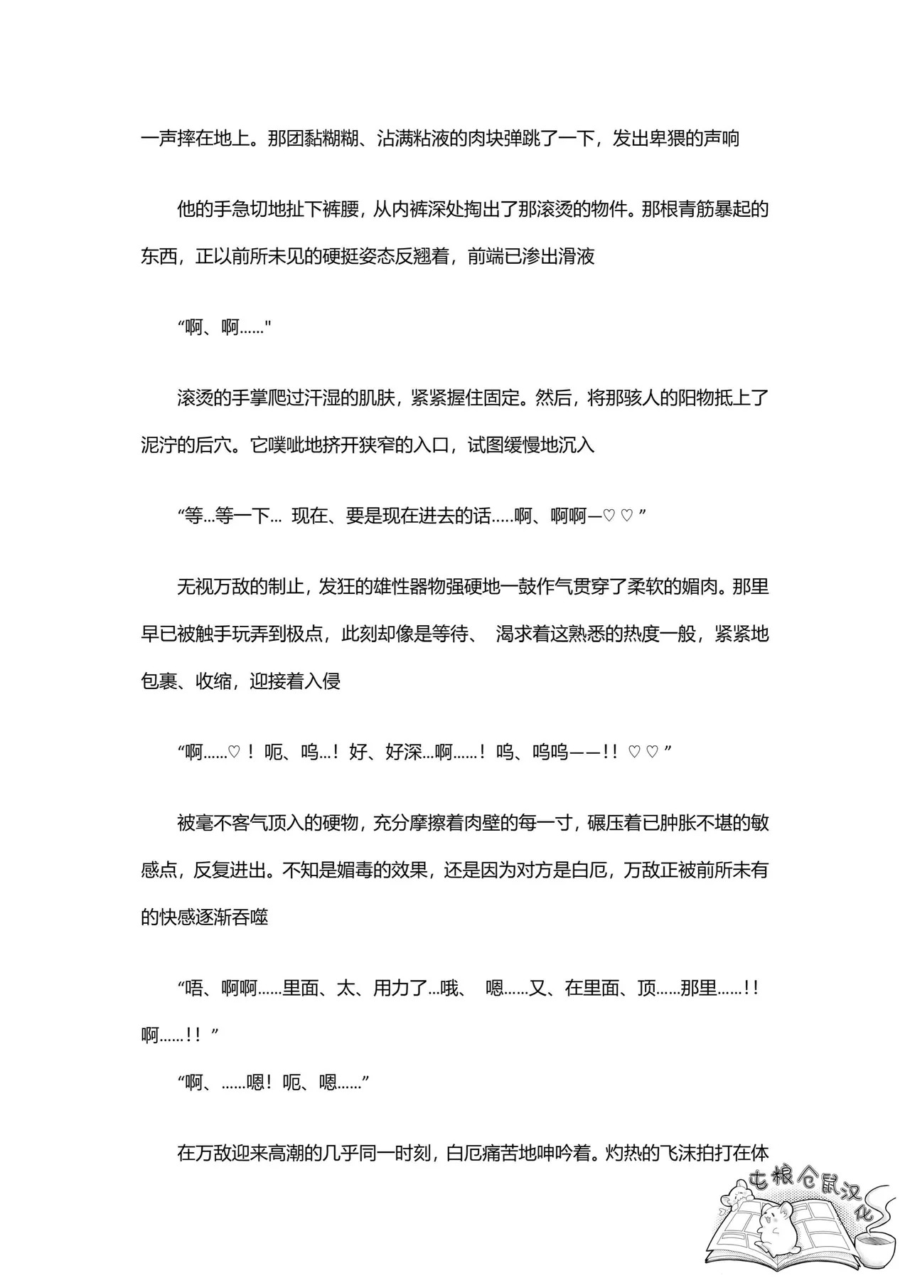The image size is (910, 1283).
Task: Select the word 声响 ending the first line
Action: coord(721,138)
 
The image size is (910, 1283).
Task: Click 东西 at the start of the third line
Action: coord(159,257)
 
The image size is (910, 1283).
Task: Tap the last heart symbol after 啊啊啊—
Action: coord(626,517)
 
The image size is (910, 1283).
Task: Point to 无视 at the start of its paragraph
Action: coord(195,587)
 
